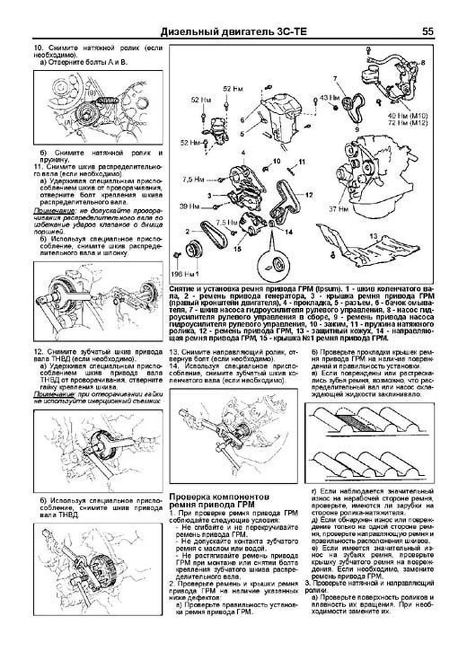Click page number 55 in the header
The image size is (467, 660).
click(x=427, y=32)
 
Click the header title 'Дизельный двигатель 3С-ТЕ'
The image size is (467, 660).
click(x=233, y=32)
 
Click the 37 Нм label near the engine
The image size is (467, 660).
click(x=338, y=209)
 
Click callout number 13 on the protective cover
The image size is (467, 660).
click(x=373, y=236)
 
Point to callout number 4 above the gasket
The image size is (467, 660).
click(x=243, y=153)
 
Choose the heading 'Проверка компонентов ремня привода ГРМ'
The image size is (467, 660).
click(x=220, y=501)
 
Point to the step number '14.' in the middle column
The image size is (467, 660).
click(x=174, y=366)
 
